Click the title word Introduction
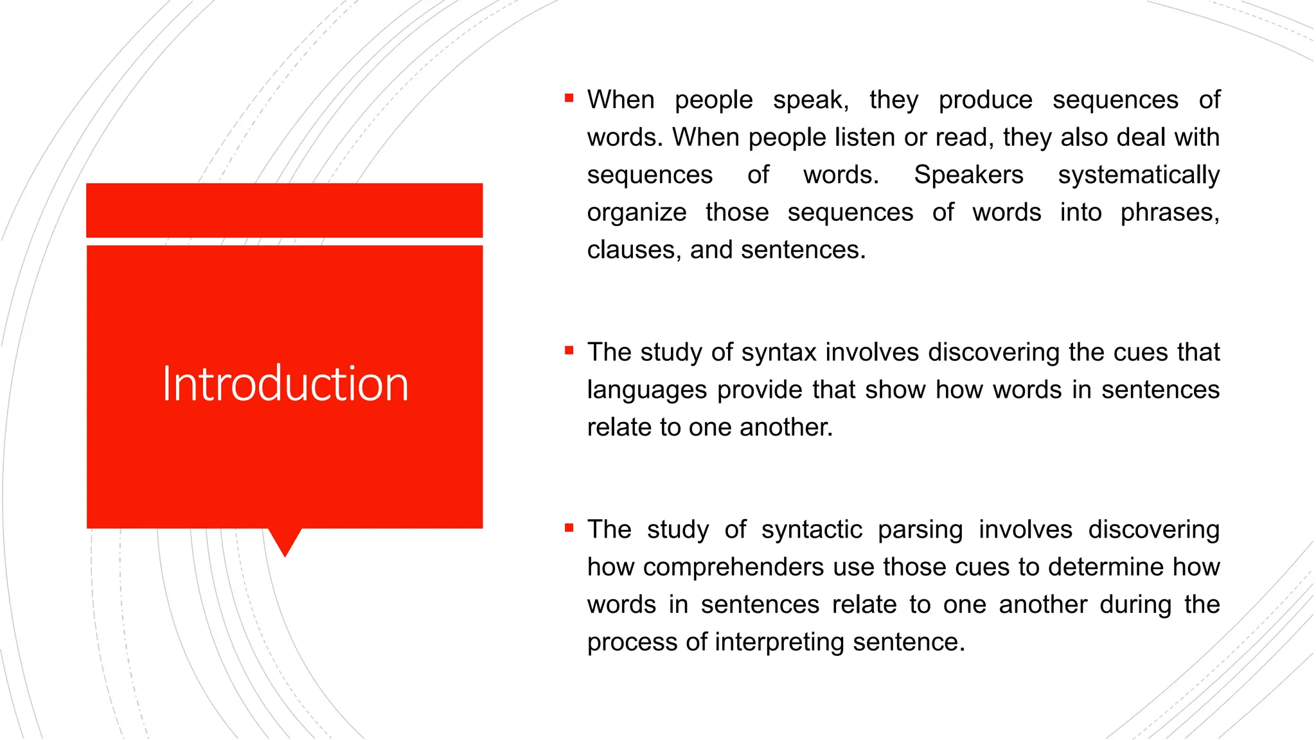[285, 383]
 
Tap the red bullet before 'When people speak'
[569, 98]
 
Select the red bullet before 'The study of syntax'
[569, 351]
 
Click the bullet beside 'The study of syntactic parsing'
[569, 528]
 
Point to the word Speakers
[968, 175]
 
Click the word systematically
[1139, 175]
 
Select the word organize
[637, 213]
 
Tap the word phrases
[1169, 213]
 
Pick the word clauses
[634, 250]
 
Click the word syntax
[779, 353]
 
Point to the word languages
[647, 390]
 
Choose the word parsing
[920, 530]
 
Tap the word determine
[1105, 567]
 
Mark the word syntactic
[812, 530]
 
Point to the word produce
[985, 100]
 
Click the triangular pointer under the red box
[285, 540]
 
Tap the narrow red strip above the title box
[285, 210]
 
